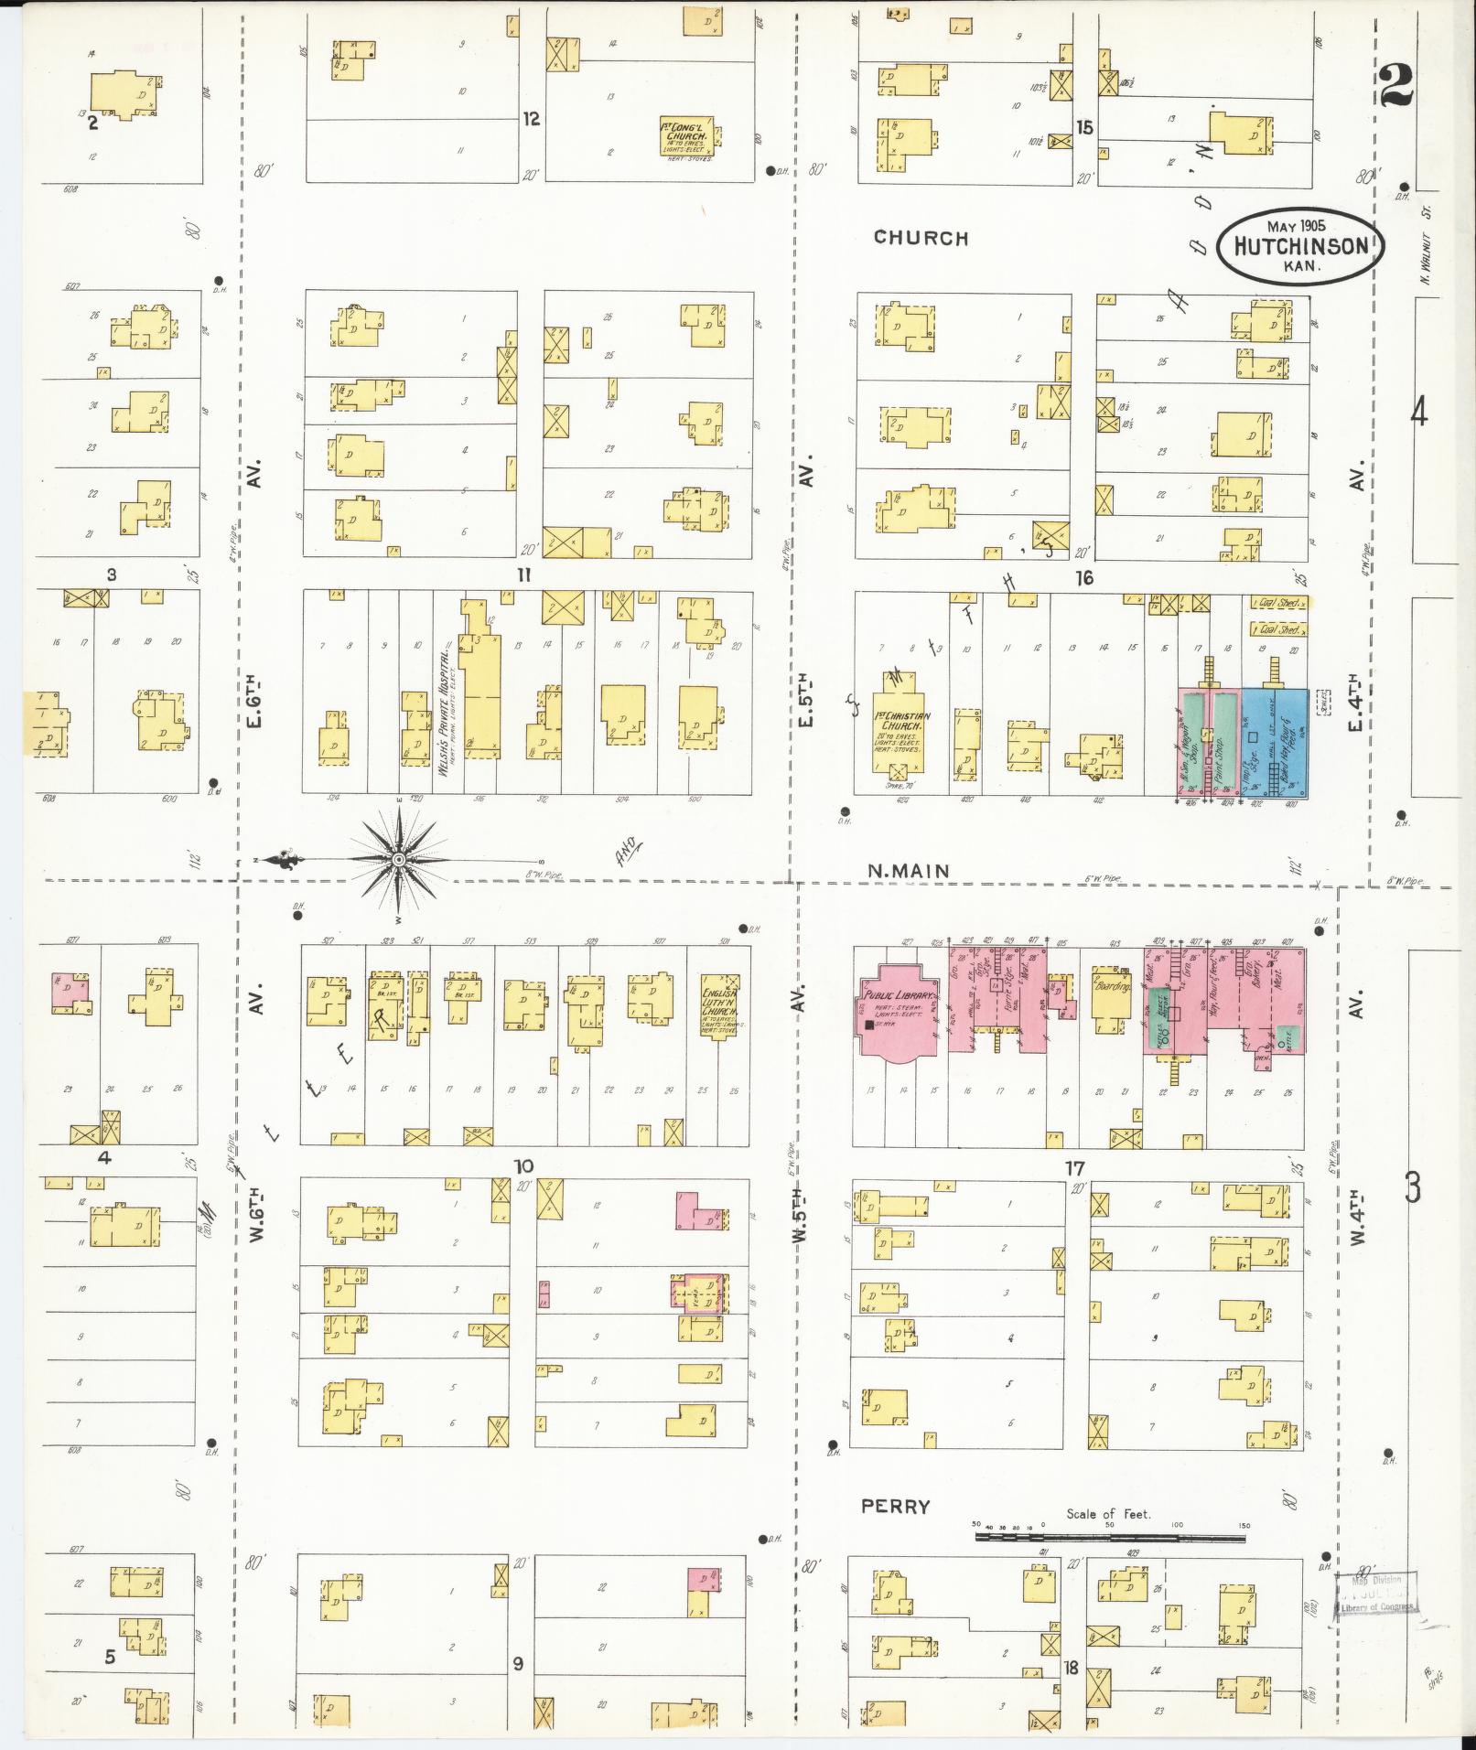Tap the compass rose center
click(399, 861)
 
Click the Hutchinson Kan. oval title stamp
click(1300, 245)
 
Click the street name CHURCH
click(921, 238)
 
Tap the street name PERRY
click(895, 1507)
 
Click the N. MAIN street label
click(909, 871)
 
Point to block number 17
click(1074, 1168)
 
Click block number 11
click(523, 575)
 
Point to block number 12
click(531, 119)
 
